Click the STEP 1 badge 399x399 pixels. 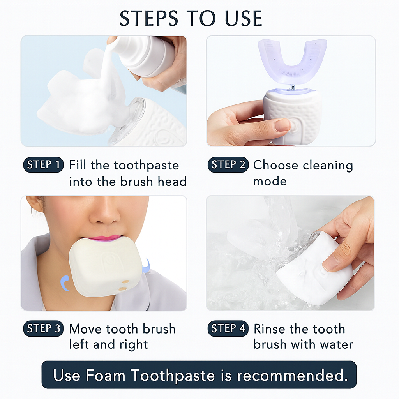tap(44, 165)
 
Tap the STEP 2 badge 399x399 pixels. tap(228, 165)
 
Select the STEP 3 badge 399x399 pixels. tap(44, 328)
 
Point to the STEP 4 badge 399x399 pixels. tap(228, 328)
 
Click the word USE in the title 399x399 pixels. tap(244, 18)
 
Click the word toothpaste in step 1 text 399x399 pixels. tap(147, 166)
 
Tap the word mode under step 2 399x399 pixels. tap(270, 182)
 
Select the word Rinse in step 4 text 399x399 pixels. tap(270, 329)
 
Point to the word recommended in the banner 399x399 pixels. tap(292, 375)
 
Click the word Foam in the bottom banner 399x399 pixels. tap(106, 375)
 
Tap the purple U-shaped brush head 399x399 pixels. tap(292, 62)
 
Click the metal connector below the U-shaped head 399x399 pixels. tap(293, 88)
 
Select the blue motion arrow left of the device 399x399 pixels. tap(65, 283)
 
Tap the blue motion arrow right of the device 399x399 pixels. tap(147, 265)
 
